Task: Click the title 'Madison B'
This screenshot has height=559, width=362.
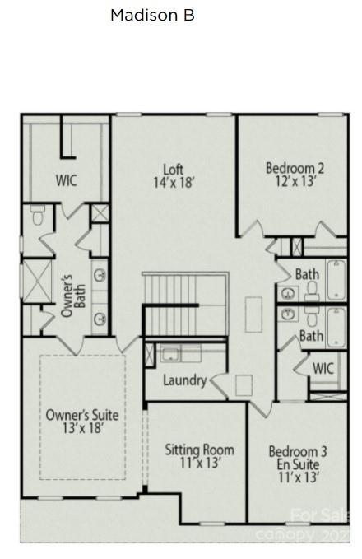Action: point(152,15)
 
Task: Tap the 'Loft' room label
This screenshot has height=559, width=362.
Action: point(173,170)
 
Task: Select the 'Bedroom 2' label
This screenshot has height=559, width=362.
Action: point(295,169)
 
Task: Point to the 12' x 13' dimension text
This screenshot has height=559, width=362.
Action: point(295,182)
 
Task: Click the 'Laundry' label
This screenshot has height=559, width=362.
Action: point(184,380)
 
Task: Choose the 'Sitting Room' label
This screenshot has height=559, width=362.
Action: point(199,450)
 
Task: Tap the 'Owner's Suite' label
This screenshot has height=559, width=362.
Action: point(81,415)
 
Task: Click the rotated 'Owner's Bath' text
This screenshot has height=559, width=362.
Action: point(73,292)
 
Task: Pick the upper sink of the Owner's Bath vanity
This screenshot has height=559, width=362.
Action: point(100,275)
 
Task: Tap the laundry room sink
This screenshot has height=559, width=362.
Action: point(170,355)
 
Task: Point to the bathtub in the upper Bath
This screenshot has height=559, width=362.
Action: point(336,281)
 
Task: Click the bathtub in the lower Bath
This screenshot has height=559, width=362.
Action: point(336,327)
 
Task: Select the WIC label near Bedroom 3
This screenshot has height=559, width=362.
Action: point(323,368)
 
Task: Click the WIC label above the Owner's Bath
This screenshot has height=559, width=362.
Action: point(67,180)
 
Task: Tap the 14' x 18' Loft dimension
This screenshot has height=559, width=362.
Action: point(173,183)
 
